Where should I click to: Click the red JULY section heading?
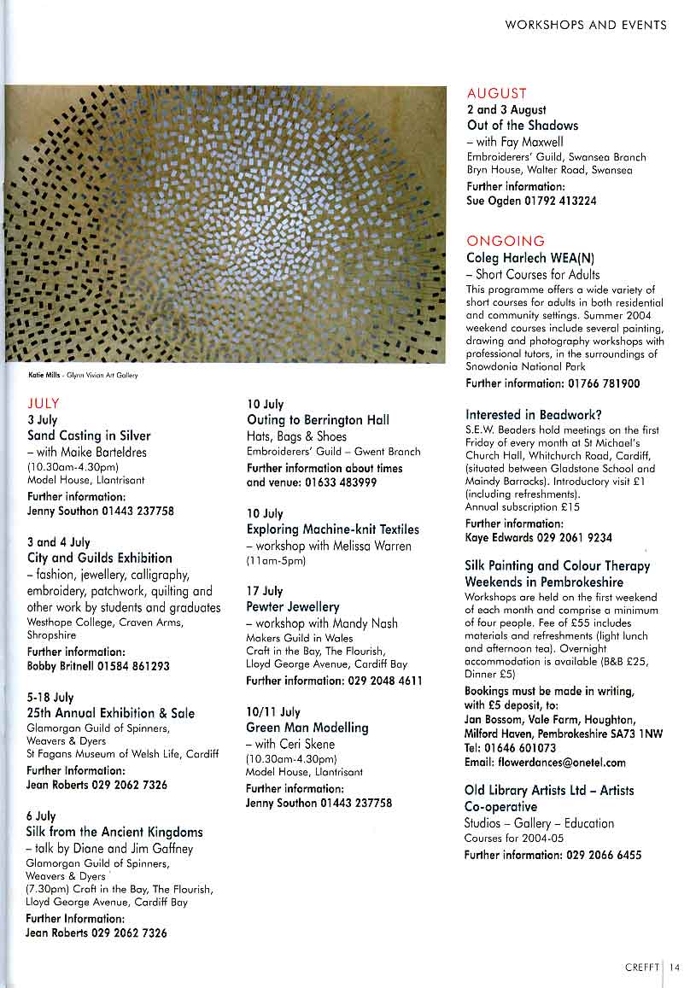pos(44,403)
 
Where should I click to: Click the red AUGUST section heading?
pos(497,93)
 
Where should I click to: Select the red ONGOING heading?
pos(506,241)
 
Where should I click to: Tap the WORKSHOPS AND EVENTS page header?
pos(586,25)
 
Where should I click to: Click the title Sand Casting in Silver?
pos(89,436)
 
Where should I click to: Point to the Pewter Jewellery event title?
pos(293,606)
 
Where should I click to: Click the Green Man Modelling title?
pos(307,728)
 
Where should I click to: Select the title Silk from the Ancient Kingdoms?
pos(114,832)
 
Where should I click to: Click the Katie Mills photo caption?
pos(83,375)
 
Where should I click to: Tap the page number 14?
pos(675,967)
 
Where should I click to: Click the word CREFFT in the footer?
pos(641,967)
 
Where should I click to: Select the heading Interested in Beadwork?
pos(534,414)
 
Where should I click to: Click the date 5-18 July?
pos(50,697)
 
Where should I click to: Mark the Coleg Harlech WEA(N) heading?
pos(529,258)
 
